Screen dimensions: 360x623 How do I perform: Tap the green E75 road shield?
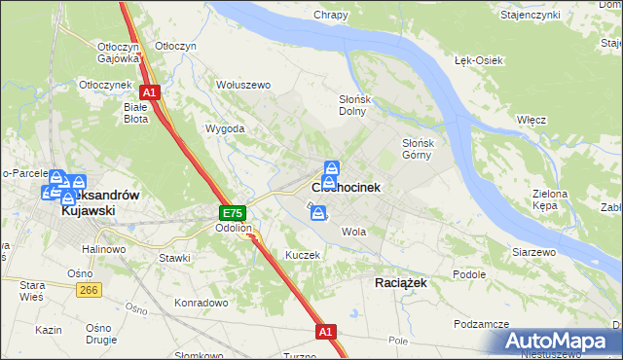[x=232, y=212]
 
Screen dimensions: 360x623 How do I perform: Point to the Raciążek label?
[x=401, y=281]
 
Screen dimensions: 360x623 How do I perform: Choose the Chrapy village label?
[x=331, y=15]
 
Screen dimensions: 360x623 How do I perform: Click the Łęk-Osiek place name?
[x=478, y=60]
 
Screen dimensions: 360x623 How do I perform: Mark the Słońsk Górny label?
[x=422, y=149]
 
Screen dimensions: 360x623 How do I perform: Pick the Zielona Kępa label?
[x=550, y=199]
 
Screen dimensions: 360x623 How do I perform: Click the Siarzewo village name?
[x=533, y=252]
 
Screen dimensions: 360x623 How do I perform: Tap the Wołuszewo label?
[x=242, y=85]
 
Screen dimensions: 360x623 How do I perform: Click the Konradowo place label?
[x=201, y=303]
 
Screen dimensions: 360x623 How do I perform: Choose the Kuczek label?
[x=303, y=254]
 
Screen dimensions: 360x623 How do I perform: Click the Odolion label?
[x=235, y=229]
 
